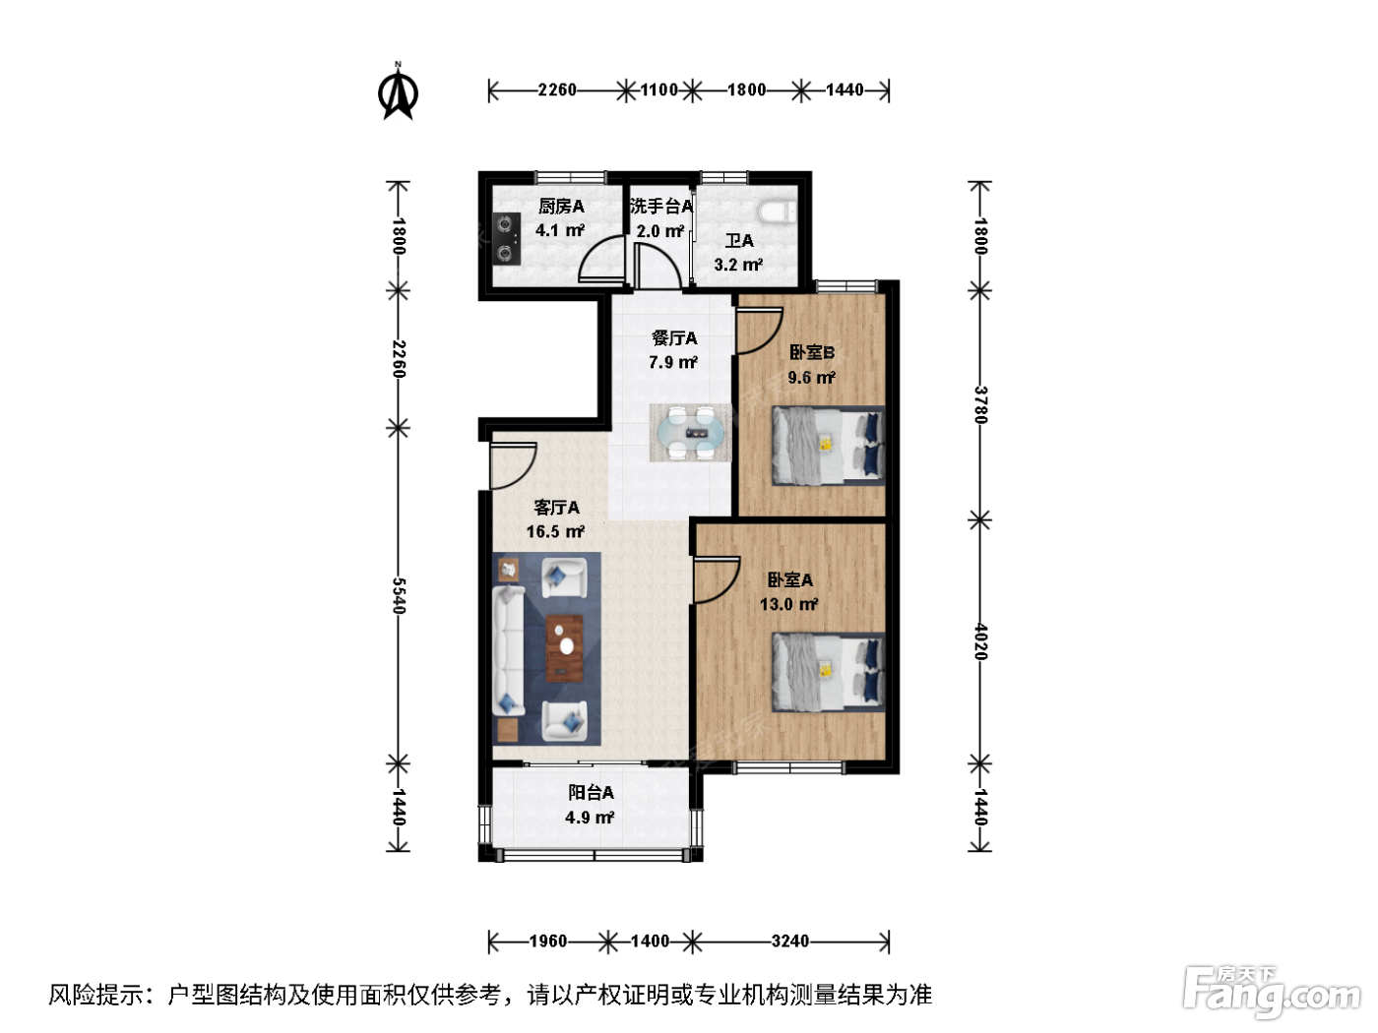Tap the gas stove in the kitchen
pyautogui.click(x=507, y=239)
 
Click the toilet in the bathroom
pyautogui.click(x=777, y=212)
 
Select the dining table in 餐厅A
pyautogui.click(x=690, y=433)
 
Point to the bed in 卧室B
pyautogui.click(x=828, y=446)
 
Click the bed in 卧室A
pyautogui.click(x=828, y=672)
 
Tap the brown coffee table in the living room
pyautogui.click(x=564, y=648)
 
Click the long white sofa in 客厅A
pyautogui.click(x=509, y=650)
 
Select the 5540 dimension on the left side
pyautogui.click(x=399, y=595)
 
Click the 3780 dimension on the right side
pyautogui.click(x=980, y=404)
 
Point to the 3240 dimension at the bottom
pyautogui.click(x=789, y=941)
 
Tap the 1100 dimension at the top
pyautogui.click(x=658, y=91)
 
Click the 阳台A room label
pyautogui.click(x=591, y=793)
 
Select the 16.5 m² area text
pyautogui.click(x=555, y=532)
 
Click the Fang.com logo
pyautogui.click(x=1272, y=994)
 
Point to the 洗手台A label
pyautogui.click(x=661, y=206)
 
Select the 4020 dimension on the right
pyautogui.click(x=980, y=641)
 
